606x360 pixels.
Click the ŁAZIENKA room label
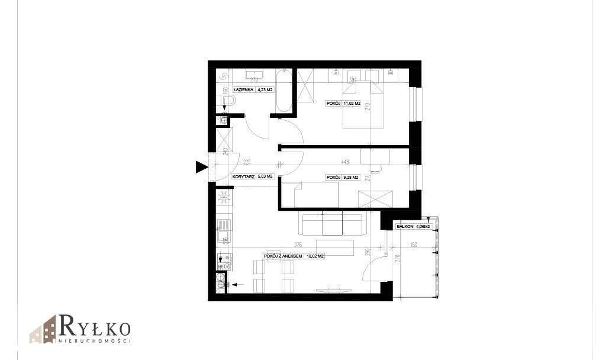coord(243,90)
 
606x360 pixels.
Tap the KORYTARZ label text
coord(244,176)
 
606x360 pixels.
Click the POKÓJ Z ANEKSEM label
coord(283,256)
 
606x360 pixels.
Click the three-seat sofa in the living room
coord(332,224)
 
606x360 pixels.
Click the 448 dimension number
coord(344,160)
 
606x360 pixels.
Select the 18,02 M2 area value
coord(315,256)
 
